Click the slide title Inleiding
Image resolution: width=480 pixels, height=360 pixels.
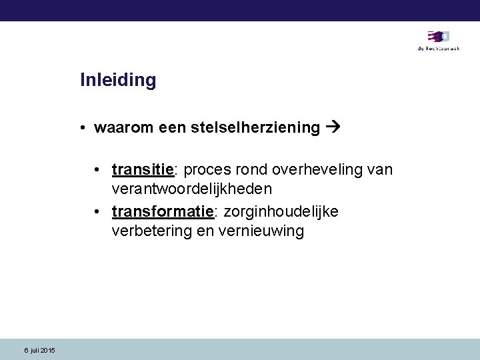click(x=118, y=81)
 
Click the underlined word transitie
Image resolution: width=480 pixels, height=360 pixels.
click(x=143, y=169)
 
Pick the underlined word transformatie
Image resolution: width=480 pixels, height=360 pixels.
click(x=162, y=211)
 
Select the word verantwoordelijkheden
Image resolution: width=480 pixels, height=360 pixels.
click(x=192, y=189)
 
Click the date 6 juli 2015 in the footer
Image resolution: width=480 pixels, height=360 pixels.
click(x=40, y=351)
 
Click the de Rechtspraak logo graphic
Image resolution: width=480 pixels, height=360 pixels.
click(x=438, y=37)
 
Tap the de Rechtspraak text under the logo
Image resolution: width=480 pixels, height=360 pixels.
click(x=438, y=49)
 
